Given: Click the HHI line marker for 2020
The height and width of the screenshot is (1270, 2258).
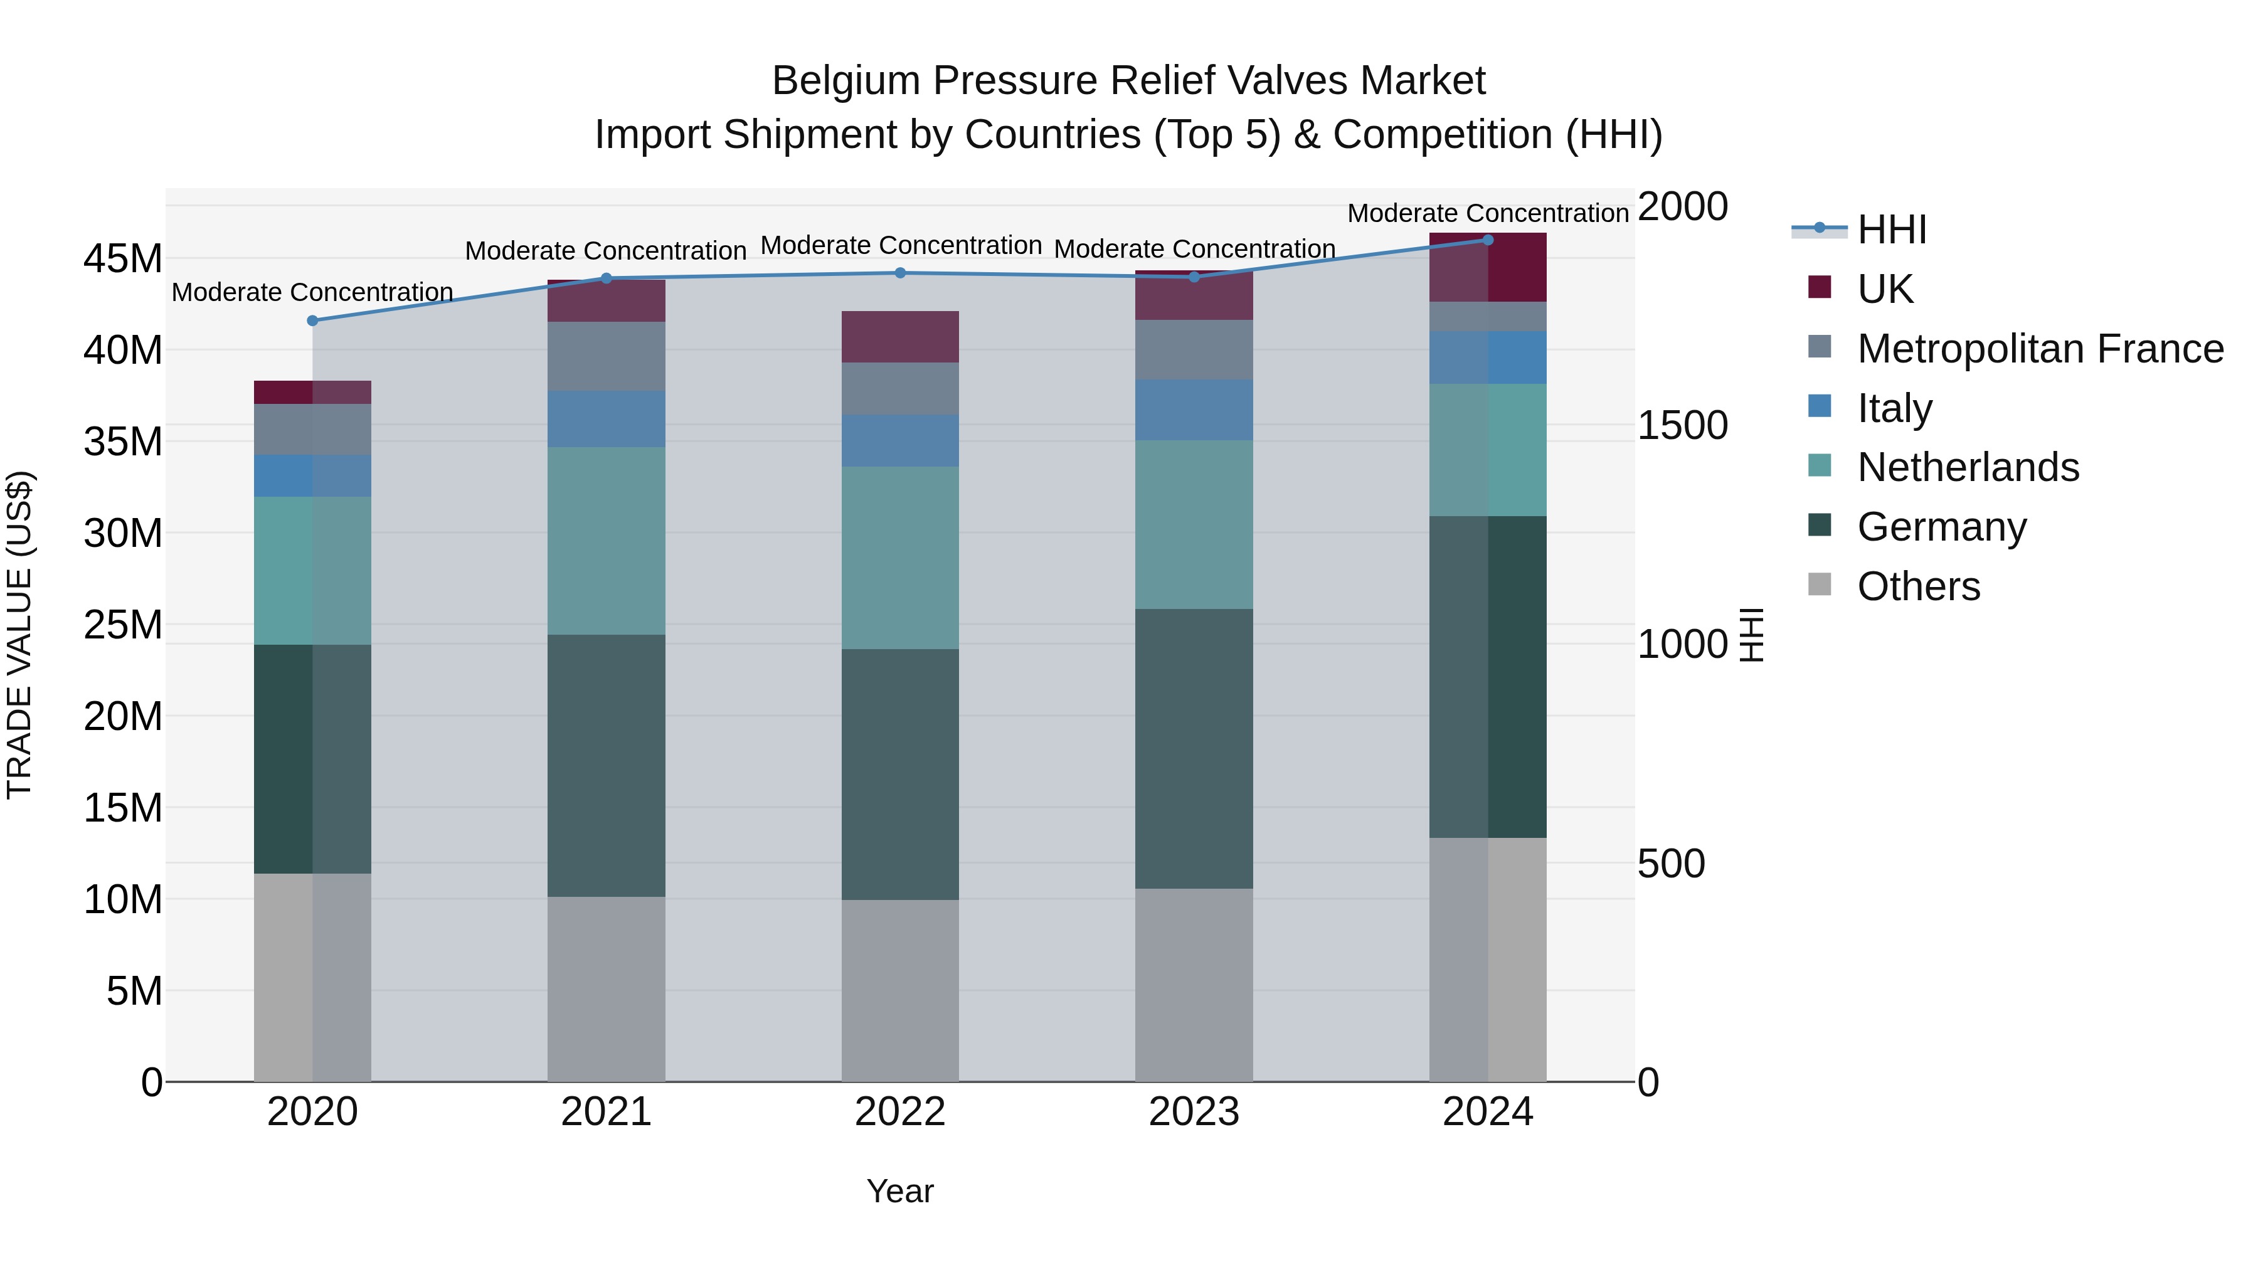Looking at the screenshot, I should (x=312, y=320).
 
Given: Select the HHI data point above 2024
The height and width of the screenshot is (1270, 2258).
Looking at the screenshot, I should (x=1488, y=240).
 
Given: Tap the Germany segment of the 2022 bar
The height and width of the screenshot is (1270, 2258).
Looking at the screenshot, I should (x=899, y=774).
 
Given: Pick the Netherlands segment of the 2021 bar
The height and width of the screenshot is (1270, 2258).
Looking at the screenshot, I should (x=606, y=541).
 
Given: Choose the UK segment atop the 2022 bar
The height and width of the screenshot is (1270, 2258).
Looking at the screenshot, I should (x=899, y=337).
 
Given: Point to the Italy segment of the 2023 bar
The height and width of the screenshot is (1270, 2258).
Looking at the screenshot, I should (x=1193, y=410).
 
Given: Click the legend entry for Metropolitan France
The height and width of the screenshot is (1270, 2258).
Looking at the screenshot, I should (x=2040, y=349).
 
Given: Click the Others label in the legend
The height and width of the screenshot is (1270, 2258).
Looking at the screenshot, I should (x=1918, y=586).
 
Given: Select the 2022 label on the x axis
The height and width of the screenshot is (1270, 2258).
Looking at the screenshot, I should (x=899, y=1112).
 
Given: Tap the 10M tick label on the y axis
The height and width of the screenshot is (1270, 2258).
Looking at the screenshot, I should (x=123, y=899).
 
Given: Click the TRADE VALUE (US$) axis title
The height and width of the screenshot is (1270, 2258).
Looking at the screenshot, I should (x=19, y=635).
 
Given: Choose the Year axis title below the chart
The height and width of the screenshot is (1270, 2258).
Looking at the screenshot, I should (x=899, y=1191).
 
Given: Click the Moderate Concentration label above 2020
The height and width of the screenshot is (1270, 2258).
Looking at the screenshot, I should (x=312, y=292).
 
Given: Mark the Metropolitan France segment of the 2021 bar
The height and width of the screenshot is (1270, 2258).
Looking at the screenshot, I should (x=606, y=356).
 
